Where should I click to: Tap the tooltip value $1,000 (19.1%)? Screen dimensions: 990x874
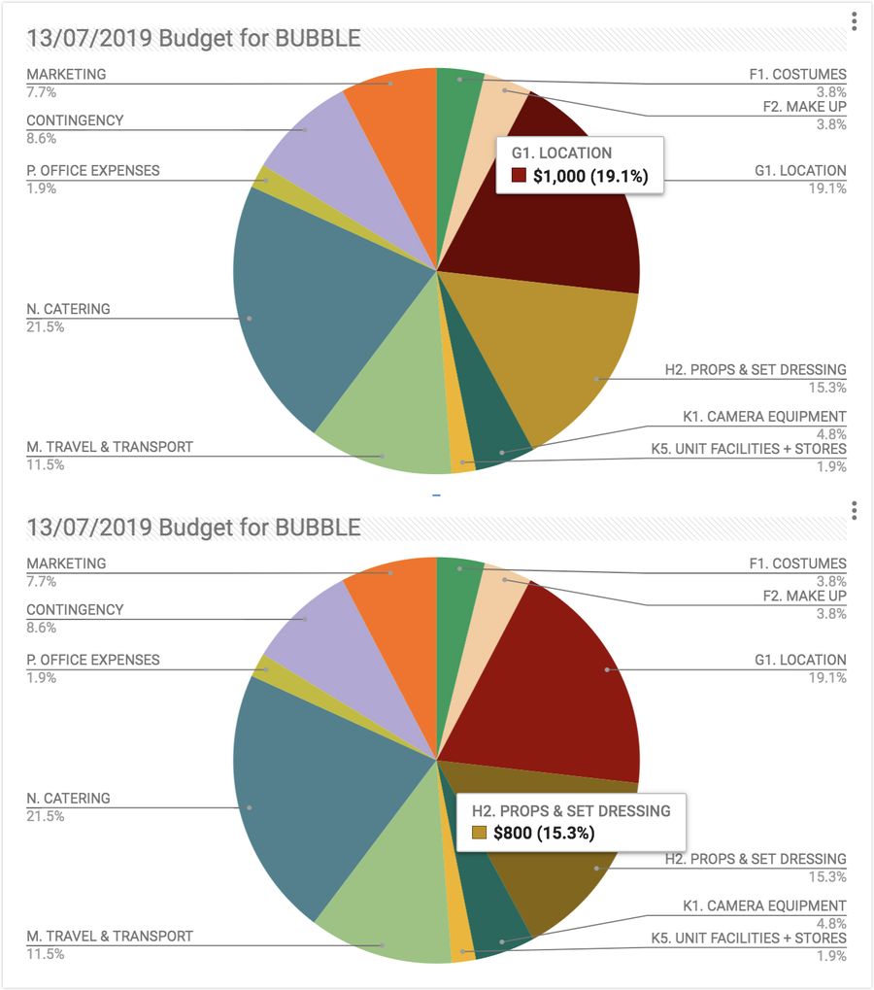coord(589,177)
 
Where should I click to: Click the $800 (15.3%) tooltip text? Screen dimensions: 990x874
coord(543,833)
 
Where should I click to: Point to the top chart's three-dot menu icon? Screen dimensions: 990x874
coord(854,21)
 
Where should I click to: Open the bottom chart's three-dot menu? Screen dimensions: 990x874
coord(854,511)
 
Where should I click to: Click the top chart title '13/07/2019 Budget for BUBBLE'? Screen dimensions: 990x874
coord(193,39)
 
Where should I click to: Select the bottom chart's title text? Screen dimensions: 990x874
coord(193,528)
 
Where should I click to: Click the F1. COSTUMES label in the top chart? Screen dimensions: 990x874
coord(797,75)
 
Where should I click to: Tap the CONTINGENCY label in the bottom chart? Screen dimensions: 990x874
coord(75,610)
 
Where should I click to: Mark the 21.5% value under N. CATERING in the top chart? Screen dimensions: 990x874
coord(46,327)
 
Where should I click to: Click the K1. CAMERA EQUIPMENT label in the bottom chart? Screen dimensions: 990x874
coord(764,906)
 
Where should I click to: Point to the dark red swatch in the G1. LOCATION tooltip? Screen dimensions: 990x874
coord(519,177)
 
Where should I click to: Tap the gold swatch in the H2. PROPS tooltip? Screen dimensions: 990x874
coord(479,833)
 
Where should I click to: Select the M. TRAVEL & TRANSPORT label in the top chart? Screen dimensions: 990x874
coord(110,447)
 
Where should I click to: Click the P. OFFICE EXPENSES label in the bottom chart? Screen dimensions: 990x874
coord(93,660)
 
